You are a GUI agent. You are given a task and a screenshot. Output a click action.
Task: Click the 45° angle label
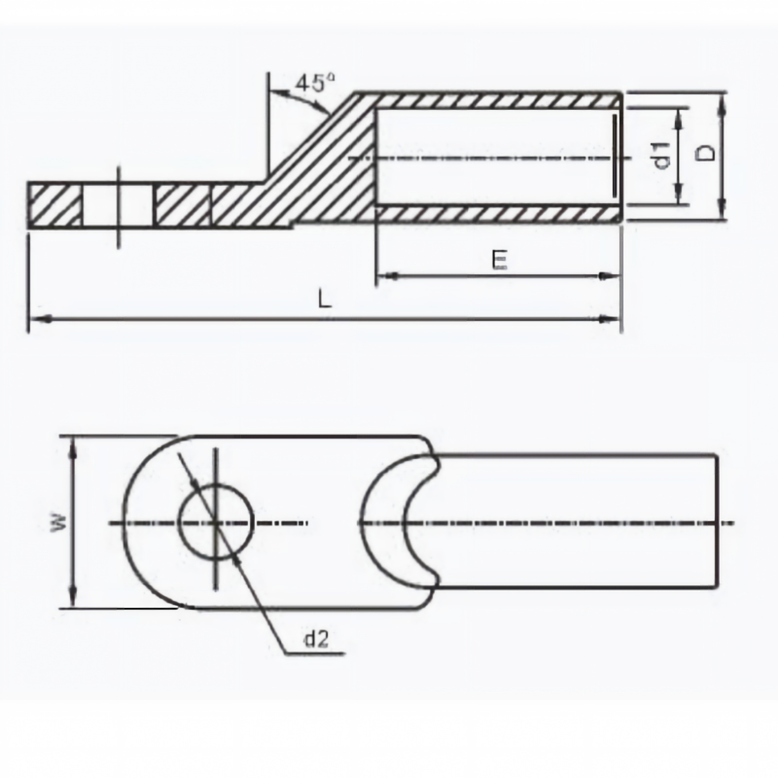click(x=315, y=83)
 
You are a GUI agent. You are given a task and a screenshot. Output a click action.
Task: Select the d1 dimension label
click(x=662, y=156)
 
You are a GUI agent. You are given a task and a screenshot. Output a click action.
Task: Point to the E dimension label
click(x=500, y=260)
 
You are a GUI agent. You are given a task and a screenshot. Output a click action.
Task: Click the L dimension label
click(x=325, y=300)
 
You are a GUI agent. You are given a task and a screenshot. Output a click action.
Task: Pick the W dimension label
click(x=58, y=522)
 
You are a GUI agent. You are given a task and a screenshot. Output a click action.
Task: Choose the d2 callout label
click(x=317, y=639)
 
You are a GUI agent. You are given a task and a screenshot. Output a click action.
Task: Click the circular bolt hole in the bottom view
click(x=216, y=522)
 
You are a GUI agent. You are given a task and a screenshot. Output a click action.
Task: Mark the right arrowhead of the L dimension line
click(x=610, y=320)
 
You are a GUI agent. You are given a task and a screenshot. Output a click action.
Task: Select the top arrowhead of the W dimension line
click(x=74, y=446)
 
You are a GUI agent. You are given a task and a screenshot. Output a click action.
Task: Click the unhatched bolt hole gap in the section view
click(x=118, y=205)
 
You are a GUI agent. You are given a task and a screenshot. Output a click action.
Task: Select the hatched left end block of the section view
click(x=55, y=205)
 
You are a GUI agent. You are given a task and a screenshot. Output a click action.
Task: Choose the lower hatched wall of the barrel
click(x=499, y=213)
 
